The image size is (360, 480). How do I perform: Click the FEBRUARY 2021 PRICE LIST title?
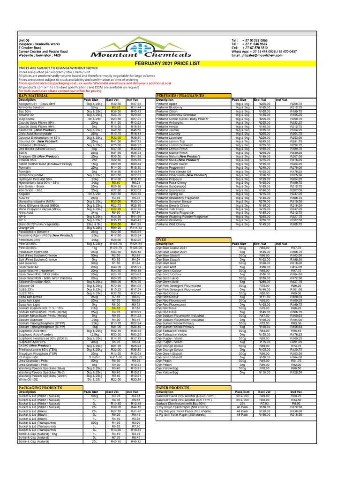(x=180, y=63)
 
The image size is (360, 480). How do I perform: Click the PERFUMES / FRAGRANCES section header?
(x=179, y=96)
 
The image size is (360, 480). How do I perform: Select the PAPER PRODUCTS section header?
(x=173, y=388)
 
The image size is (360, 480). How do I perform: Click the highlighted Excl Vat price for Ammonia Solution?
(x=116, y=107)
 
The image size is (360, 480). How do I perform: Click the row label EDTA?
(x=23, y=152)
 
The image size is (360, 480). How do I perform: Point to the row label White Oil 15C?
(x=29, y=380)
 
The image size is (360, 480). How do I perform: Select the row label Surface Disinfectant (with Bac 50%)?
(x=181, y=403)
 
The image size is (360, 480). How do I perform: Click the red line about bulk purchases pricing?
(x=60, y=90)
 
